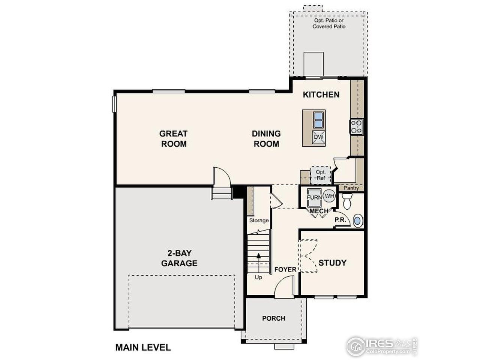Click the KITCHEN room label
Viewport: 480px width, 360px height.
tap(321, 94)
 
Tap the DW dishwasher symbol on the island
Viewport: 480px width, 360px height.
tap(318, 137)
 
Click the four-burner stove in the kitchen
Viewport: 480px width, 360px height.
tap(356, 126)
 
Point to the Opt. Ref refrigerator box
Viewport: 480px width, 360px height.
tap(321, 175)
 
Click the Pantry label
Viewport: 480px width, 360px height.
tap(351, 188)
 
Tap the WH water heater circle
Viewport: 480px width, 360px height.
tap(329, 196)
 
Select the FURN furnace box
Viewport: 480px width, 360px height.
tap(313, 198)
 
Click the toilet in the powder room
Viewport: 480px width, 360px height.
tap(346, 201)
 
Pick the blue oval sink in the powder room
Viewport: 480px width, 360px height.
tap(358, 220)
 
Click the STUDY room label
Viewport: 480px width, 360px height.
tap(332, 263)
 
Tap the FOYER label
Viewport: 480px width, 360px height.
tap(285, 270)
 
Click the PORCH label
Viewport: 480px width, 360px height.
tap(273, 318)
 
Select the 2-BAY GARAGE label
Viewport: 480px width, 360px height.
tap(179, 258)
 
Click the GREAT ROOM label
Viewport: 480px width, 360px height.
tap(173, 138)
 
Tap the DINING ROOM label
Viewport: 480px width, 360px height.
tap(266, 138)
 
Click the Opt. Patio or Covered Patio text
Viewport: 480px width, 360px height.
tap(329, 24)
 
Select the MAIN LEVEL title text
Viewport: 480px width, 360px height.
tap(143, 347)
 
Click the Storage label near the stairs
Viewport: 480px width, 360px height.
tap(259, 220)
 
